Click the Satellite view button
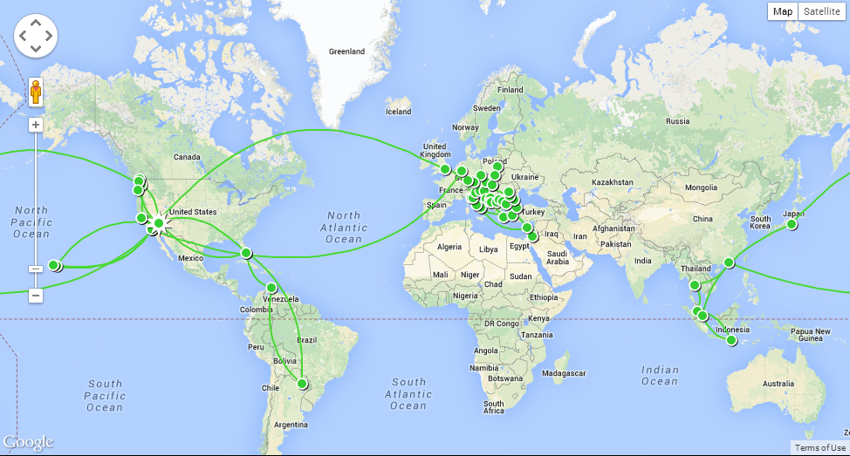[x=823, y=11]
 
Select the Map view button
[x=783, y=11]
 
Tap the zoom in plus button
[x=36, y=125]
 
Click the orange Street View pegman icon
[x=36, y=92]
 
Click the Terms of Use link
[x=819, y=447]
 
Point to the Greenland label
[x=346, y=51]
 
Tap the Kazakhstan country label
[x=611, y=182]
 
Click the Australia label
[x=778, y=384]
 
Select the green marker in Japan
[x=792, y=224]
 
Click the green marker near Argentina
[x=303, y=384]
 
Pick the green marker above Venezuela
[x=271, y=288]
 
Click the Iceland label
[x=398, y=112]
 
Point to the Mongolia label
[x=701, y=187]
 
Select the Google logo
[x=28, y=442]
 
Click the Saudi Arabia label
[x=557, y=257]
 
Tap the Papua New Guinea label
[x=811, y=336]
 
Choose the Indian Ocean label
[x=660, y=376]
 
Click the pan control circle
[x=36, y=37]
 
